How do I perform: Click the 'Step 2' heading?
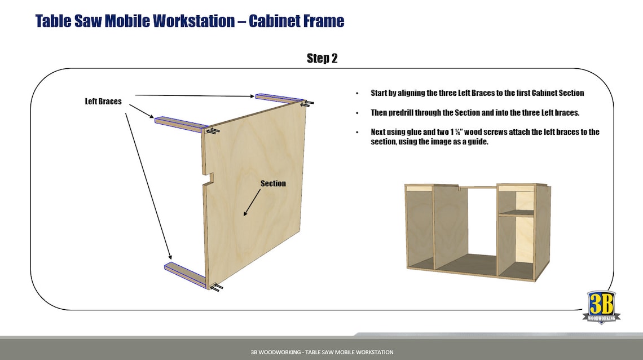322,58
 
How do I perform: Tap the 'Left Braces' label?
103,102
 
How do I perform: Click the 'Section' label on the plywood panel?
273,183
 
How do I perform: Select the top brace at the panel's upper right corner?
279,98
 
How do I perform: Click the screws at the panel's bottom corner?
216,287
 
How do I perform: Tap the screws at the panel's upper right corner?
307,103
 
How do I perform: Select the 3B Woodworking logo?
601,307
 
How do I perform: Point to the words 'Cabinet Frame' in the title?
296,21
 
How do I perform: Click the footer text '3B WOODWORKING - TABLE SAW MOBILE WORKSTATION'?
321,352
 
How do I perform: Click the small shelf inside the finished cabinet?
516,213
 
